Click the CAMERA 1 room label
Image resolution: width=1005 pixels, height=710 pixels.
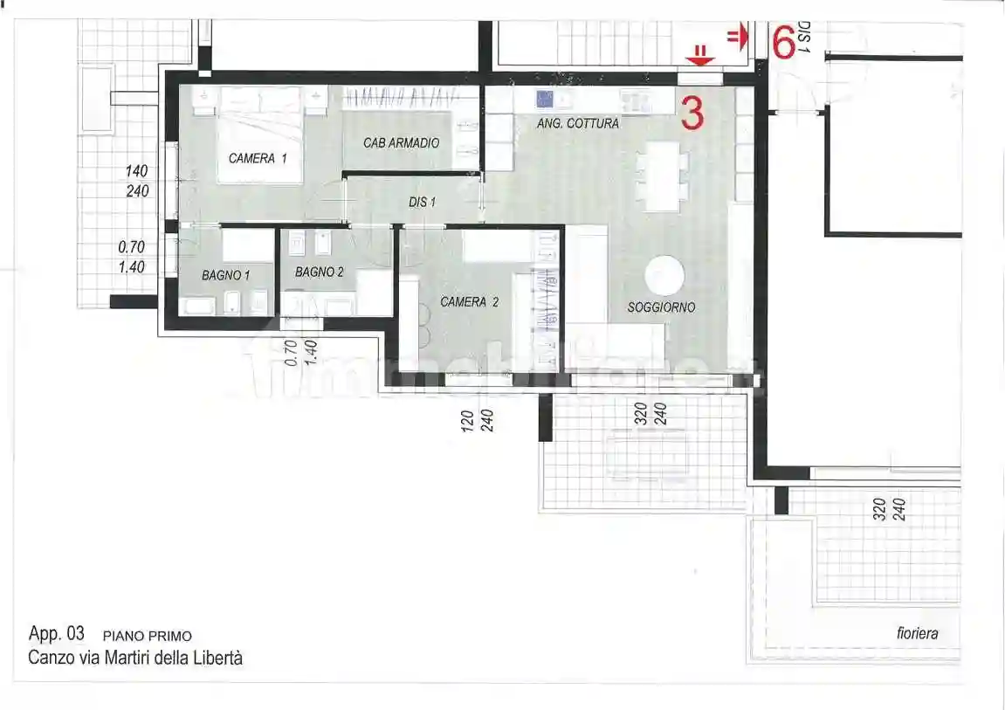click(258, 159)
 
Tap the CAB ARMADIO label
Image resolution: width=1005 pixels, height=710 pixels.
click(402, 142)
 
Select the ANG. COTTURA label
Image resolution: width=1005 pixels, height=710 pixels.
click(577, 124)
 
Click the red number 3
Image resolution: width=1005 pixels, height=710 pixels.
click(692, 114)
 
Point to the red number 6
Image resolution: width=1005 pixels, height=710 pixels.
click(782, 42)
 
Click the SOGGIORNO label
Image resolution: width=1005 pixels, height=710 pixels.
click(661, 307)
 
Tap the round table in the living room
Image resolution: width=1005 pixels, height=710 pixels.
click(664, 275)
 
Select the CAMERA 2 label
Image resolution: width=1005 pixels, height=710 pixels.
click(469, 302)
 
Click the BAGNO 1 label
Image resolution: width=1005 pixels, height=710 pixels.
click(225, 275)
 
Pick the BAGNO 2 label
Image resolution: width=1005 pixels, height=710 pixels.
click(319, 272)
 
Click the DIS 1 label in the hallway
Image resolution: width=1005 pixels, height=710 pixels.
click(422, 202)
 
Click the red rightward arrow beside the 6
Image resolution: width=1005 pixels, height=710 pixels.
click(738, 36)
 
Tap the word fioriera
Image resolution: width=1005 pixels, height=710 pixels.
click(917, 634)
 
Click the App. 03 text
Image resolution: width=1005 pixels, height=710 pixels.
click(57, 634)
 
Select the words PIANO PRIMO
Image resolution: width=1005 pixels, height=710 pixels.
click(147, 636)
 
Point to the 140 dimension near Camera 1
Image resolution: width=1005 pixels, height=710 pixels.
click(137, 172)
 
